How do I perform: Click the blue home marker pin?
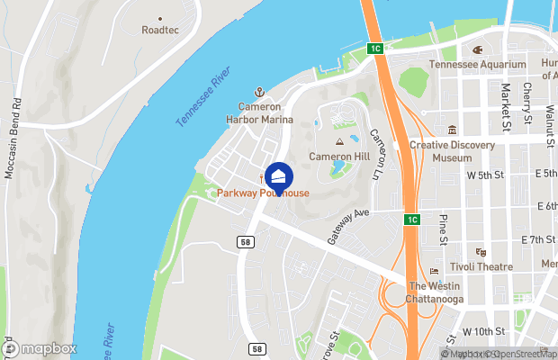click(279, 177)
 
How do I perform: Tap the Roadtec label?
click(160, 30)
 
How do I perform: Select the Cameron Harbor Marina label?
click(258, 114)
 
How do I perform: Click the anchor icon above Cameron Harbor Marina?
click(258, 93)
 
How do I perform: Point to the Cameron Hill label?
click(339, 156)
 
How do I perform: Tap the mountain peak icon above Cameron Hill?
click(339, 142)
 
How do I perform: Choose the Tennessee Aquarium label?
click(477, 65)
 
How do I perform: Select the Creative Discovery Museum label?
click(452, 150)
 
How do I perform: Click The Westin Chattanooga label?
click(434, 292)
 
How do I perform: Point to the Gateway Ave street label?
click(349, 226)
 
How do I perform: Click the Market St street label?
click(507, 107)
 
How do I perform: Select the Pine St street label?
click(443, 229)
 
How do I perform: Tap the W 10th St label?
click(487, 332)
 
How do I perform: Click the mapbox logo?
click(40, 347)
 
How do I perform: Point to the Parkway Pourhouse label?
click(263, 193)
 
